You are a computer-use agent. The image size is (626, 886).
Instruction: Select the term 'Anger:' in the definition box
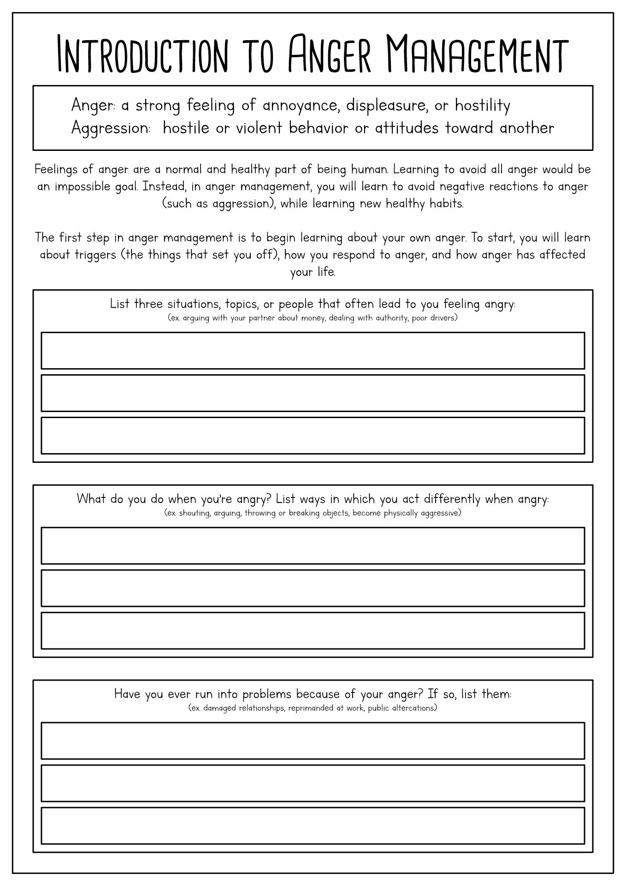pos(93,106)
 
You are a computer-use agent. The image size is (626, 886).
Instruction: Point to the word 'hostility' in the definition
pos(483,106)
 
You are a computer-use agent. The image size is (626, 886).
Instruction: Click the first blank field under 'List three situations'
pos(313,350)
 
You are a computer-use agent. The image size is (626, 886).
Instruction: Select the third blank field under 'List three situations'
pos(313,435)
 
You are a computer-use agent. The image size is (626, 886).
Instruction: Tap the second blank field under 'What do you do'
pos(313,588)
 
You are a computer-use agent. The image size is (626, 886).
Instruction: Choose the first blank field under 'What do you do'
pos(313,545)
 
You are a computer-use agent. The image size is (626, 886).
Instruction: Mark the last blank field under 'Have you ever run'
pos(313,826)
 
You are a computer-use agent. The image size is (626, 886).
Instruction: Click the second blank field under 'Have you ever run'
pos(313,783)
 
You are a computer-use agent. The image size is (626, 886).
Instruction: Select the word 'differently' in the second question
pos(452,499)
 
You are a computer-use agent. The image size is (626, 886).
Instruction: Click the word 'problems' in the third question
pos(267,694)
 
